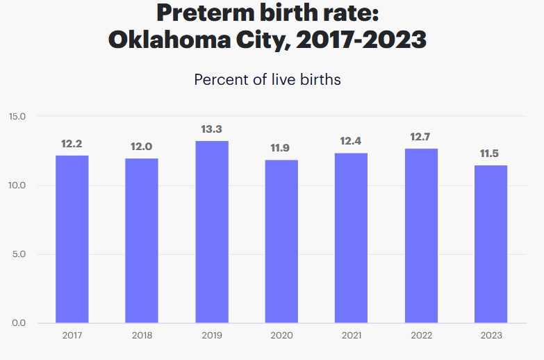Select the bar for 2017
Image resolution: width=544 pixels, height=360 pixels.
72,239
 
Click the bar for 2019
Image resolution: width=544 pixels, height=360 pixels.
211,232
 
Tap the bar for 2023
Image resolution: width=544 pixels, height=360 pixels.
490,244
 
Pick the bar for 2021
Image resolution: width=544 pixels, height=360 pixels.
351,238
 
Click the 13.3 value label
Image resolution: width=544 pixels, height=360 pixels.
211,130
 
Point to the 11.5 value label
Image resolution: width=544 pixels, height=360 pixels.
490,154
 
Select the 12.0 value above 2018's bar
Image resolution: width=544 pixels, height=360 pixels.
142,147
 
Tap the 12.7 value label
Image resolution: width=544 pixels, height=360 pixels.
420,137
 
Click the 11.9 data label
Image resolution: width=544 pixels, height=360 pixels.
281,148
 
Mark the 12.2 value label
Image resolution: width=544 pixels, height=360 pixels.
72,144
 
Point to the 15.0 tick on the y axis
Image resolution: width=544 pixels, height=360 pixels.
17,116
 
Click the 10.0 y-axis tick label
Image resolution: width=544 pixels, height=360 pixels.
17,186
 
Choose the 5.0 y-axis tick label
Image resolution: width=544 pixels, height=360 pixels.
19,254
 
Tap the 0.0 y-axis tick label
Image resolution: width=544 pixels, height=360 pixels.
19,323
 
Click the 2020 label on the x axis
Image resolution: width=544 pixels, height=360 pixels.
281,336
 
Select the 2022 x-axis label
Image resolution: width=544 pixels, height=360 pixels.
420,336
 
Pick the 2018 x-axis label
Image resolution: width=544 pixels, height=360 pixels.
142,336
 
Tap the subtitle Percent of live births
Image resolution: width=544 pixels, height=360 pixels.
267,79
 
